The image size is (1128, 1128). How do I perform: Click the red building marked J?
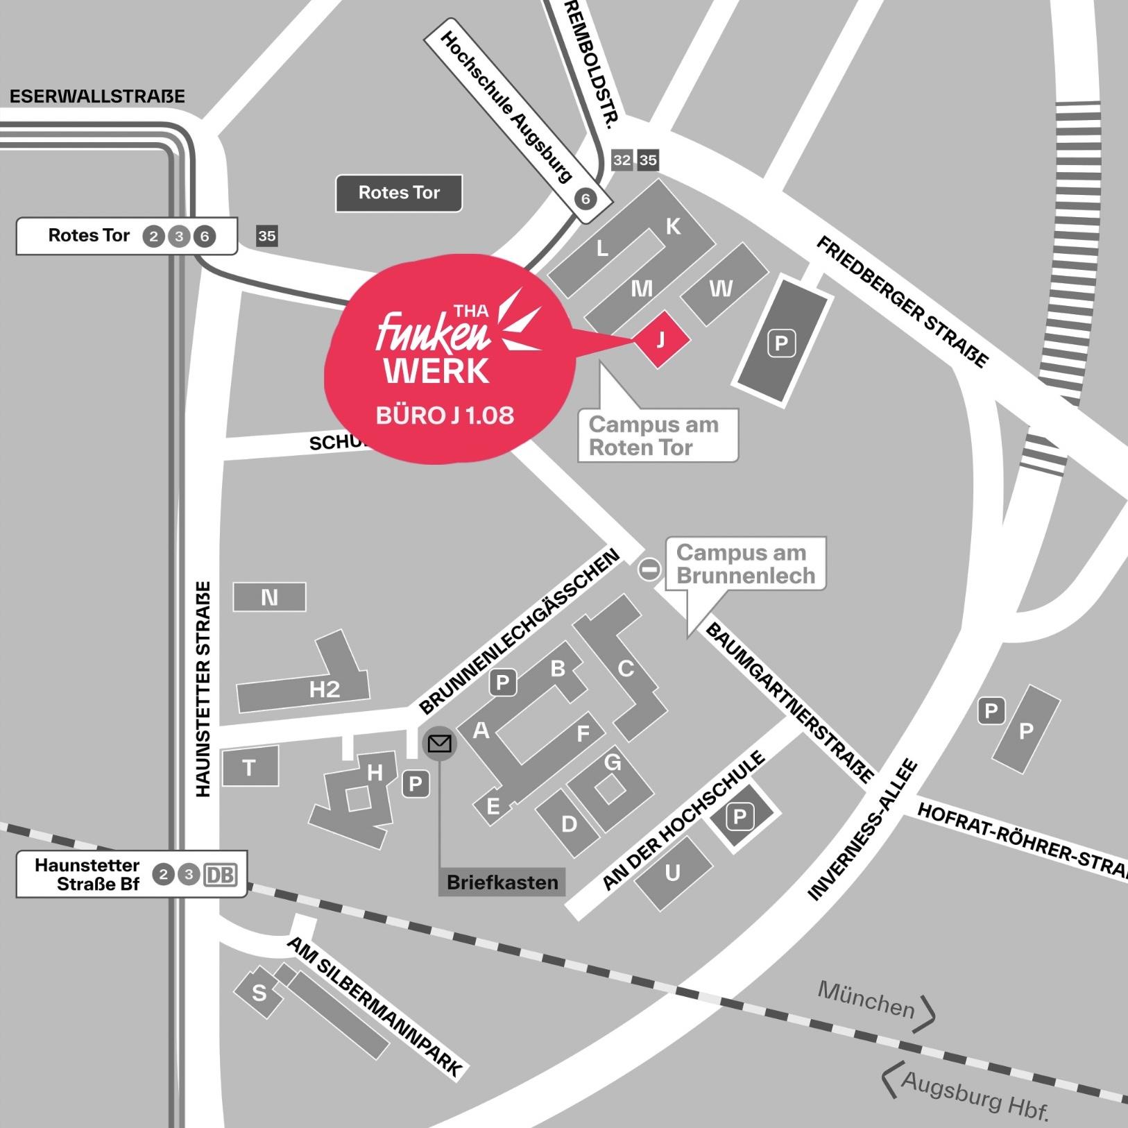(x=660, y=339)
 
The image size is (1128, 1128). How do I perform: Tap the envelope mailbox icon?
(x=440, y=744)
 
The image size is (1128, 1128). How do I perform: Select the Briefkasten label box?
(x=502, y=882)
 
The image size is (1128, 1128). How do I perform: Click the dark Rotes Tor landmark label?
(x=399, y=193)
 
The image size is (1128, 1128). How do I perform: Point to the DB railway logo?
(x=220, y=875)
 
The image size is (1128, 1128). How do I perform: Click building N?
(x=269, y=597)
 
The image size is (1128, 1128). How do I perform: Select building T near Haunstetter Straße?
(x=250, y=767)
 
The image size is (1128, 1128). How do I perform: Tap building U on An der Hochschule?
(x=673, y=873)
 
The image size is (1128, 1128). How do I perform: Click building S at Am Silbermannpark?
(x=259, y=993)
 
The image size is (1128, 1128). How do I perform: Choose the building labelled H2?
(x=324, y=689)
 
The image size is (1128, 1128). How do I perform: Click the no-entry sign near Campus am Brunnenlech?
(x=650, y=570)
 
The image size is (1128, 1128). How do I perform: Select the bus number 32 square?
(x=622, y=160)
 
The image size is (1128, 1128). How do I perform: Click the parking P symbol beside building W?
(x=781, y=343)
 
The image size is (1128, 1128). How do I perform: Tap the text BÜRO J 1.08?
(x=445, y=415)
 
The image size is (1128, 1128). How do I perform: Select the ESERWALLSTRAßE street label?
(x=97, y=96)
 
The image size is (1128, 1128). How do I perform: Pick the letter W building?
(x=721, y=287)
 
